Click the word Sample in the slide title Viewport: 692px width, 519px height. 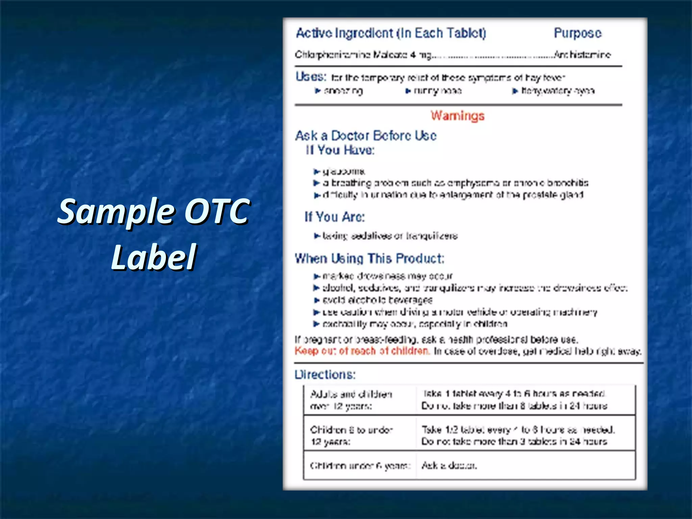(x=116, y=212)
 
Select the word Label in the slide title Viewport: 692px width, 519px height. (x=154, y=257)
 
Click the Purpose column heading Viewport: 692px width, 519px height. (x=577, y=33)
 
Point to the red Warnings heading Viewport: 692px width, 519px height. (x=458, y=116)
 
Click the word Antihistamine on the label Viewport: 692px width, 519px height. (x=583, y=54)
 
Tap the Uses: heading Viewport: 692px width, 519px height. (x=311, y=77)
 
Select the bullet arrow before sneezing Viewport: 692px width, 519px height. (x=318, y=91)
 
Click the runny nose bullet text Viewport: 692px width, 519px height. (x=438, y=91)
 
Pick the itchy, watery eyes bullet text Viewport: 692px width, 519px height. (x=558, y=91)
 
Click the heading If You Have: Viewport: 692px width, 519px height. (x=340, y=150)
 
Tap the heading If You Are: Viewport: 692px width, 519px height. (x=335, y=217)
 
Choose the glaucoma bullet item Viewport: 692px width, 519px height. (x=344, y=171)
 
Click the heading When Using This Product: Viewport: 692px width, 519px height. (x=369, y=258)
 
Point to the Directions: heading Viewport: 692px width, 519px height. (x=325, y=374)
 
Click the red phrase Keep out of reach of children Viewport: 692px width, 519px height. (x=362, y=351)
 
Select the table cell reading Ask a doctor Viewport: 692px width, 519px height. (x=449, y=466)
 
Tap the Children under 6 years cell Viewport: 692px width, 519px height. (x=360, y=466)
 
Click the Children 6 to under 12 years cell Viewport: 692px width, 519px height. (x=351, y=436)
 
